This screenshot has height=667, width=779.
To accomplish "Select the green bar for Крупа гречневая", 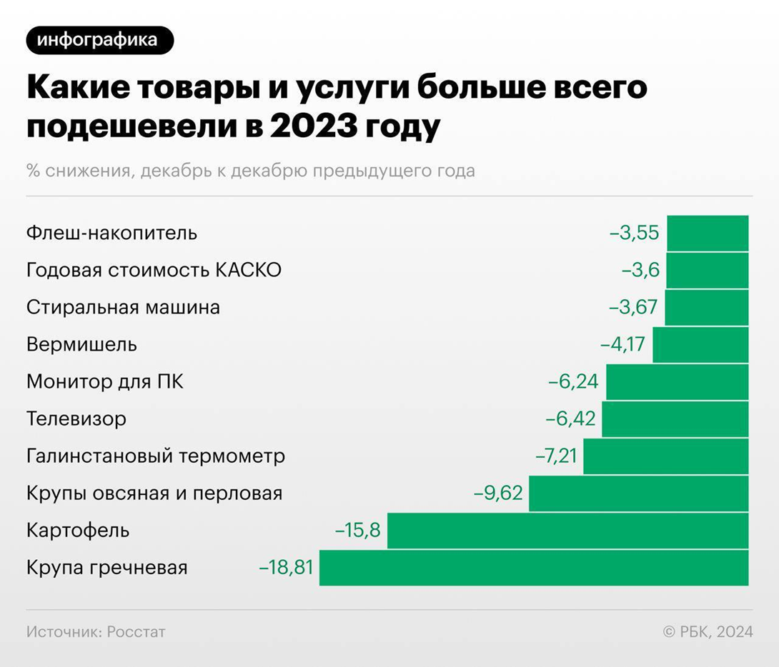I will pyautogui.click(x=533, y=568).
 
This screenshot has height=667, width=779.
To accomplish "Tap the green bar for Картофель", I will pyautogui.click(x=567, y=531).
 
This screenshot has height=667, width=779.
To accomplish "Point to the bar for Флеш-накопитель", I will pyautogui.click(x=708, y=234).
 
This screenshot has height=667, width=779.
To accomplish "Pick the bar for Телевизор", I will pyautogui.click(x=675, y=419).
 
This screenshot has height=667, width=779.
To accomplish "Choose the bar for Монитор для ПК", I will pyautogui.click(x=677, y=382).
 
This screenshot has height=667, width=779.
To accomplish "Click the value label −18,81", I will pyautogui.click(x=286, y=568).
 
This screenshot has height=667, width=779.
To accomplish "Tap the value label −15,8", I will pyautogui.click(x=357, y=531).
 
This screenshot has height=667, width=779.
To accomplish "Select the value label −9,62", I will pyautogui.click(x=498, y=493).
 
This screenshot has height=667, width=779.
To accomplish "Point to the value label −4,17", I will pyautogui.click(x=622, y=345).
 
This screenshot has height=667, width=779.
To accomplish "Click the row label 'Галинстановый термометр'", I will pyautogui.click(x=156, y=456).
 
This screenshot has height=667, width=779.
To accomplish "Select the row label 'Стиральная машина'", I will pyautogui.click(x=123, y=308).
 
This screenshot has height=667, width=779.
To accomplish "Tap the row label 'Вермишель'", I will pyautogui.click(x=81, y=345).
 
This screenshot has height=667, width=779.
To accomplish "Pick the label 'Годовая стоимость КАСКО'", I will pyautogui.click(x=154, y=271).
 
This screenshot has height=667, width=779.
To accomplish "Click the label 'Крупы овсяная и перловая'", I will pyautogui.click(x=154, y=493).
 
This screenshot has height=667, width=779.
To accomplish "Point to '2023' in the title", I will pyautogui.click(x=315, y=127).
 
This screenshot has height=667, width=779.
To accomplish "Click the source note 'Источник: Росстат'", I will pyautogui.click(x=96, y=632).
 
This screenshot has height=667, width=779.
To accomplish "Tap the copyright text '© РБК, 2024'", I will pyautogui.click(x=708, y=632).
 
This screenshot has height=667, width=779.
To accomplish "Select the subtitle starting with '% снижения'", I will pyautogui.click(x=250, y=171).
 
